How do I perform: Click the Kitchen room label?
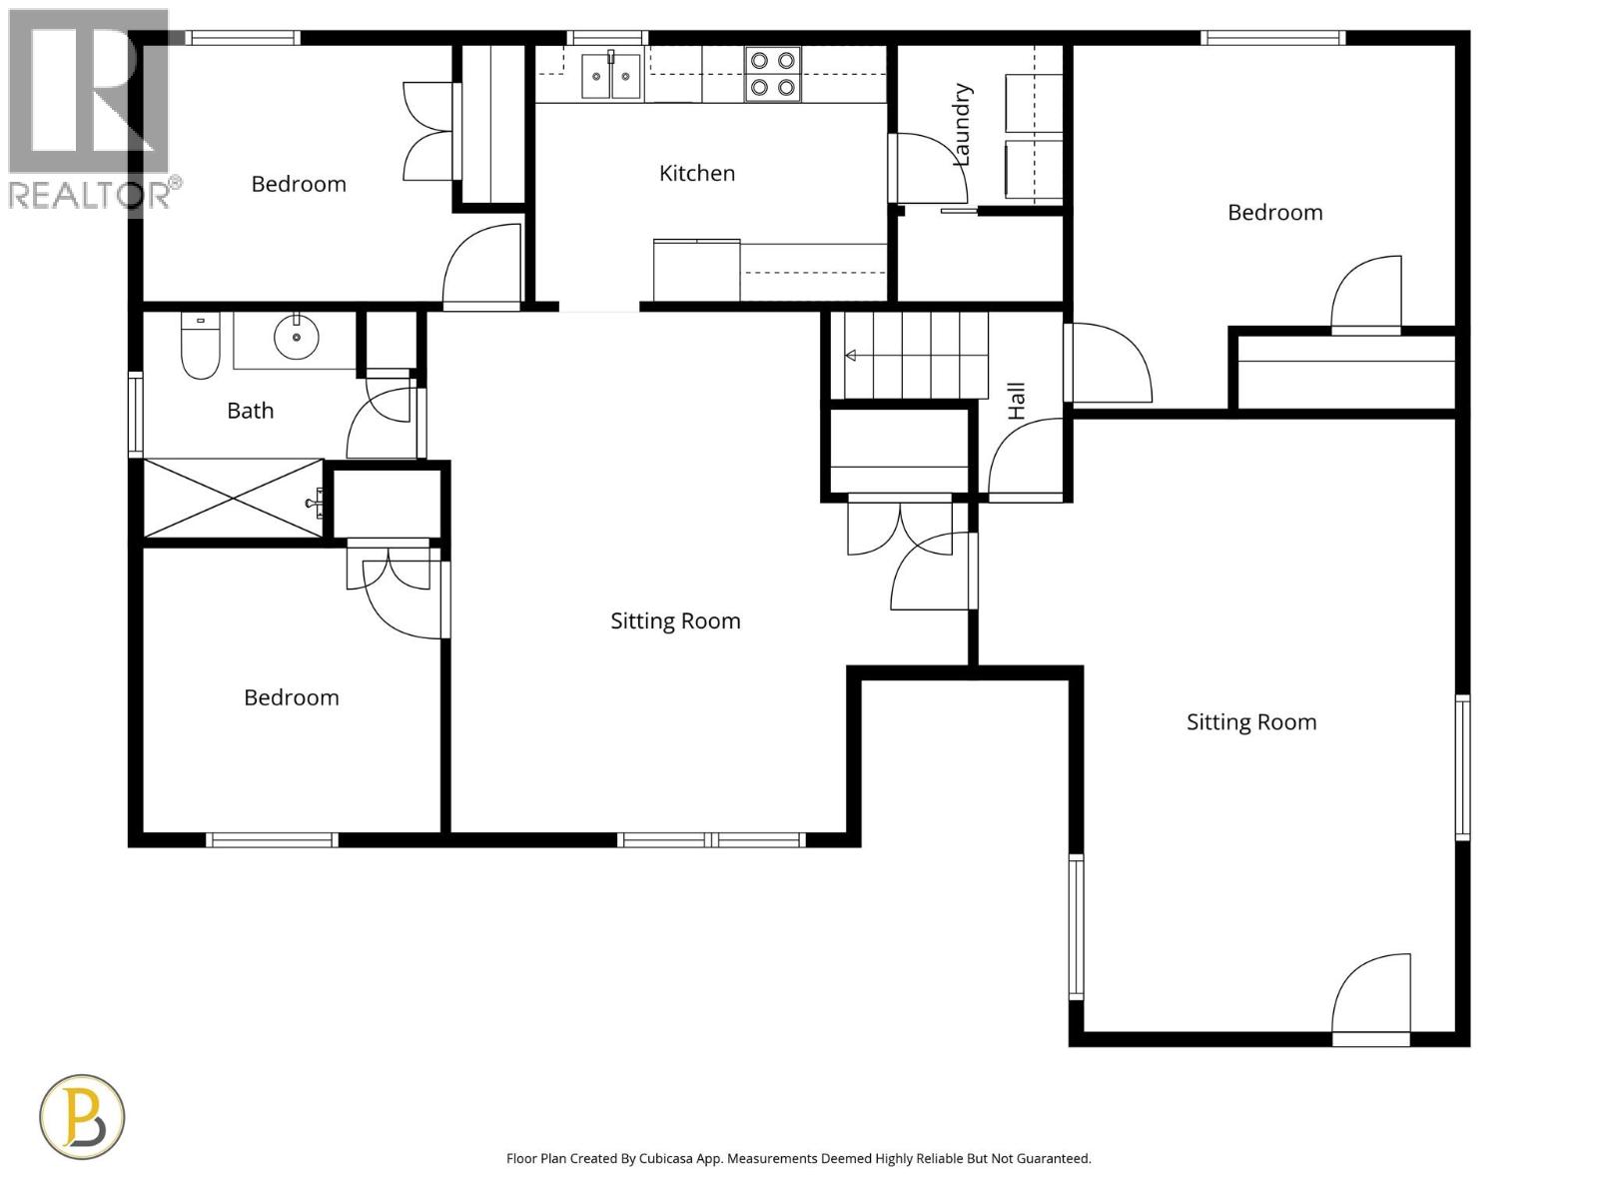[x=697, y=173]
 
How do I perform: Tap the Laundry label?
[x=962, y=125]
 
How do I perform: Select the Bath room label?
[x=250, y=411]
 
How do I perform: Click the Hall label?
[x=1017, y=401]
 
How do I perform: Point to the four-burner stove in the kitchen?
[x=773, y=74]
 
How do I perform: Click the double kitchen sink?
[x=611, y=76]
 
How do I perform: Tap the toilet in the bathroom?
[x=200, y=347]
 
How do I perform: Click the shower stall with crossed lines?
[x=234, y=499]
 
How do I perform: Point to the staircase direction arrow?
[x=851, y=356]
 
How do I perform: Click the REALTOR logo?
[x=90, y=110]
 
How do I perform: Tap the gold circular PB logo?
[x=82, y=1116]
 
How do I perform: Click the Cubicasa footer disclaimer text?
[x=798, y=1159]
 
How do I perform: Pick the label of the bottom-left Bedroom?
[x=292, y=697]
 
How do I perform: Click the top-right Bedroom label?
[x=1274, y=213]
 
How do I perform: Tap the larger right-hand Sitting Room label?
[x=1250, y=722]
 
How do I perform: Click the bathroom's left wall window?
[x=135, y=414]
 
